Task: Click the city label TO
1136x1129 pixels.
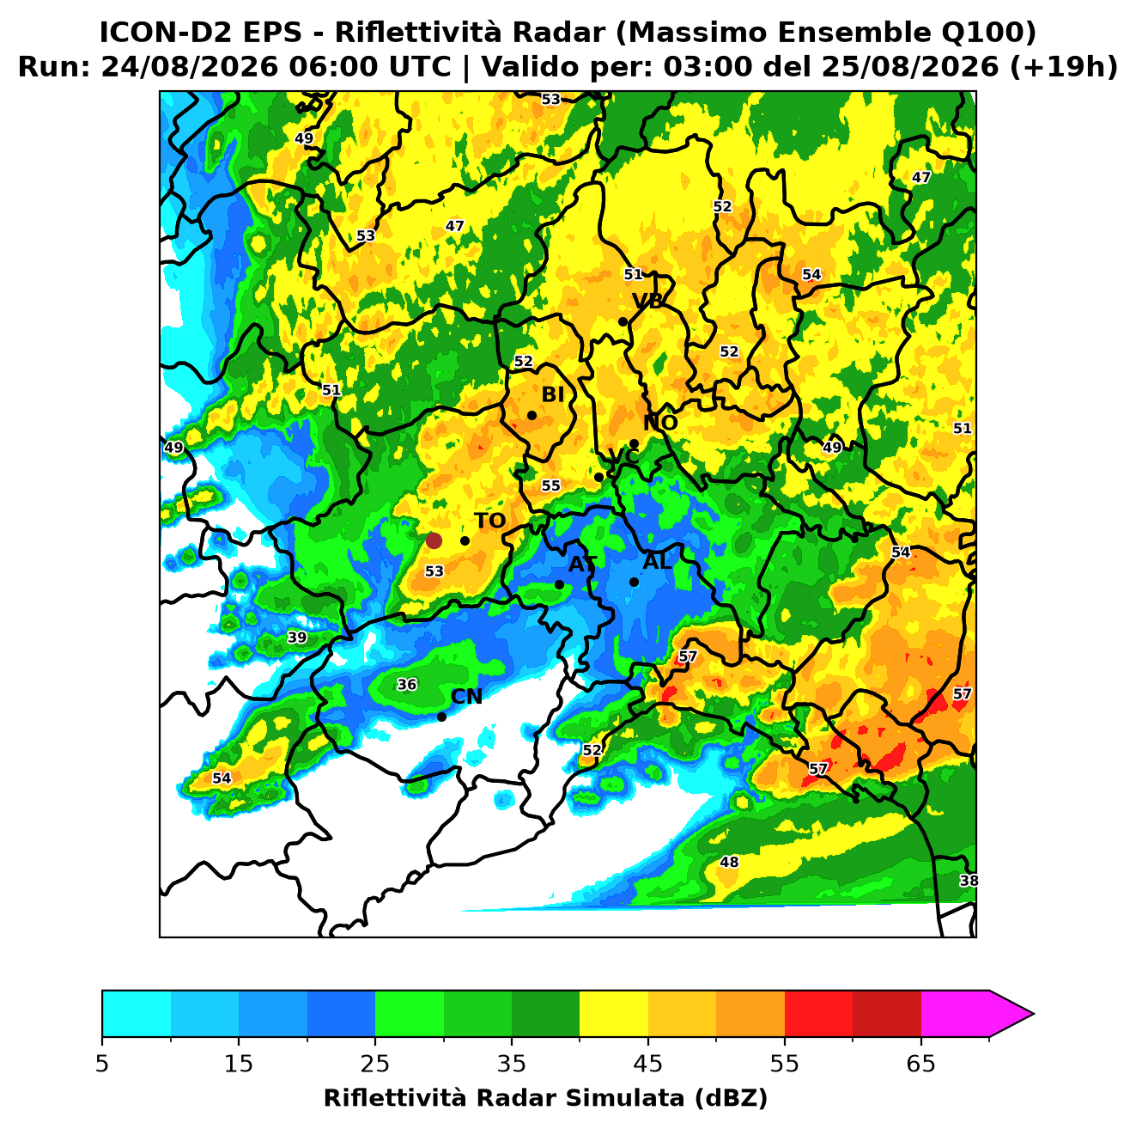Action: click(489, 521)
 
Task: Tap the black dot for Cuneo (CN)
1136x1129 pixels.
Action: click(441, 717)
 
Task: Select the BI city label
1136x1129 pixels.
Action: click(552, 394)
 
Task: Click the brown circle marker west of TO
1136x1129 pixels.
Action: click(434, 540)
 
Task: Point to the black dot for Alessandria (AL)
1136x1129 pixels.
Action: click(634, 582)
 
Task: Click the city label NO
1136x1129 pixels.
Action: click(659, 423)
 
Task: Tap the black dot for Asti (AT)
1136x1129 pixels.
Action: click(559, 584)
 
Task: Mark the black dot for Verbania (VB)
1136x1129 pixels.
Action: click(623, 321)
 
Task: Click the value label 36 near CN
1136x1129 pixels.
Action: click(407, 684)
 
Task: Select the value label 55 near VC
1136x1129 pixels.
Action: click(550, 485)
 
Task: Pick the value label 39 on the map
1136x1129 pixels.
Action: click(297, 638)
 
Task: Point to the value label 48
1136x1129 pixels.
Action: click(729, 862)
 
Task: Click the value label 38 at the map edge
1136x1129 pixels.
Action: click(969, 881)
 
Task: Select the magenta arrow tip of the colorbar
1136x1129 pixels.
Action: click(1033, 1014)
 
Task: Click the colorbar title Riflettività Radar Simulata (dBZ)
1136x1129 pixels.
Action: click(545, 1098)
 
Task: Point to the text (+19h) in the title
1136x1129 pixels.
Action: click(1064, 67)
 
